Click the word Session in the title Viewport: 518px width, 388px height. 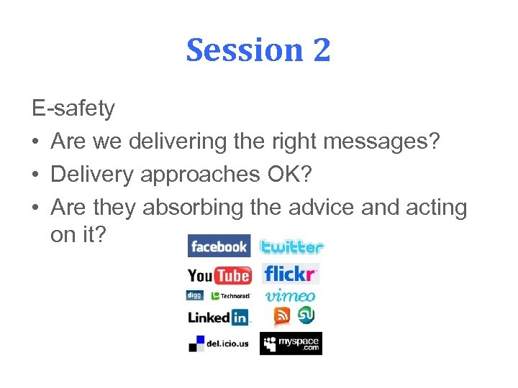tap(243, 50)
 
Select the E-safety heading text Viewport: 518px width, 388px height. tap(73, 108)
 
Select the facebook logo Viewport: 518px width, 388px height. tap(219, 246)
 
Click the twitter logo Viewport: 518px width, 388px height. tap(291, 246)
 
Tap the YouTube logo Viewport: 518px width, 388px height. tap(219, 274)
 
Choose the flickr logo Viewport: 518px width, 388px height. tap(290, 274)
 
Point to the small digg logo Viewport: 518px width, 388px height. tap(194, 295)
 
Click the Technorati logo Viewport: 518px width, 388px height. tap(230, 295)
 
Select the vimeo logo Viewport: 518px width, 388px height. tap(290, 295)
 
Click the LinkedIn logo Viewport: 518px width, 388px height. tap(218, 317)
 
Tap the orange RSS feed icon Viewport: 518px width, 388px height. tap(282, 315)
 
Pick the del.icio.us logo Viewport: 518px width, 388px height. tap(218, 343)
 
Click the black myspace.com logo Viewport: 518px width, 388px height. tap(291, 343)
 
